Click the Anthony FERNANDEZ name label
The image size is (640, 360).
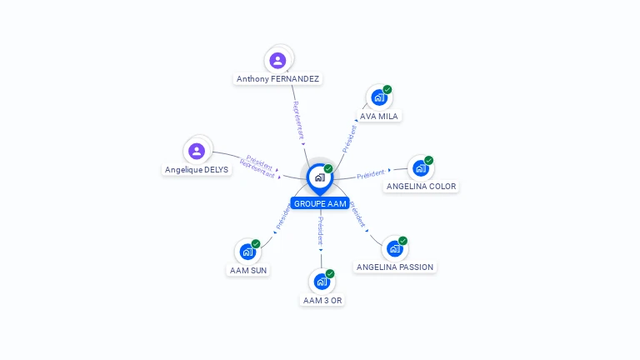[x=277, y=79]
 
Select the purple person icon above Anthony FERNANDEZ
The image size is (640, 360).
[x=277, y=60]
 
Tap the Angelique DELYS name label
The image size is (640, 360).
[x=197, y=169]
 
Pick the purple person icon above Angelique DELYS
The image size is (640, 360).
[x=197, y=151]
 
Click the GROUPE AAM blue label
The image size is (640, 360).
[x=320, y=203]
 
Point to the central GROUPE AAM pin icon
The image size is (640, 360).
[x=319, y=177]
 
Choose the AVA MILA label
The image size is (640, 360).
[x=379, y=116]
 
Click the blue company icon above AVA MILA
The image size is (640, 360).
[x=379, y=97]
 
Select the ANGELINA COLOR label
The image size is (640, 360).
[x=421, y=187]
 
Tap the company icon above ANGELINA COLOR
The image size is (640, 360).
[x=420, y=168]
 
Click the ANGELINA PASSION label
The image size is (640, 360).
[x=395, y=267]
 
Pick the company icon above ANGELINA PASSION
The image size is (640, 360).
[x=395, y=248]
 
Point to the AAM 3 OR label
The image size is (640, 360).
[x=322, y=300]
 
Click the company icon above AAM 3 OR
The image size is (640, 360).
[x=322, y=282]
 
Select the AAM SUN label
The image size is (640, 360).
[x=248, y=270]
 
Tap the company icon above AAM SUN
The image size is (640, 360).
[x=247, y=251]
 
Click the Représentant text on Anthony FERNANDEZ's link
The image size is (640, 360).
[x=298, y=120]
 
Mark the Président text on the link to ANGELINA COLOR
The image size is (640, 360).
[x=371, y=174]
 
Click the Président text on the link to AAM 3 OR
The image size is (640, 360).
[x=320, y=231]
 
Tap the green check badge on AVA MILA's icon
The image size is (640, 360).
[x=387, y=90]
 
